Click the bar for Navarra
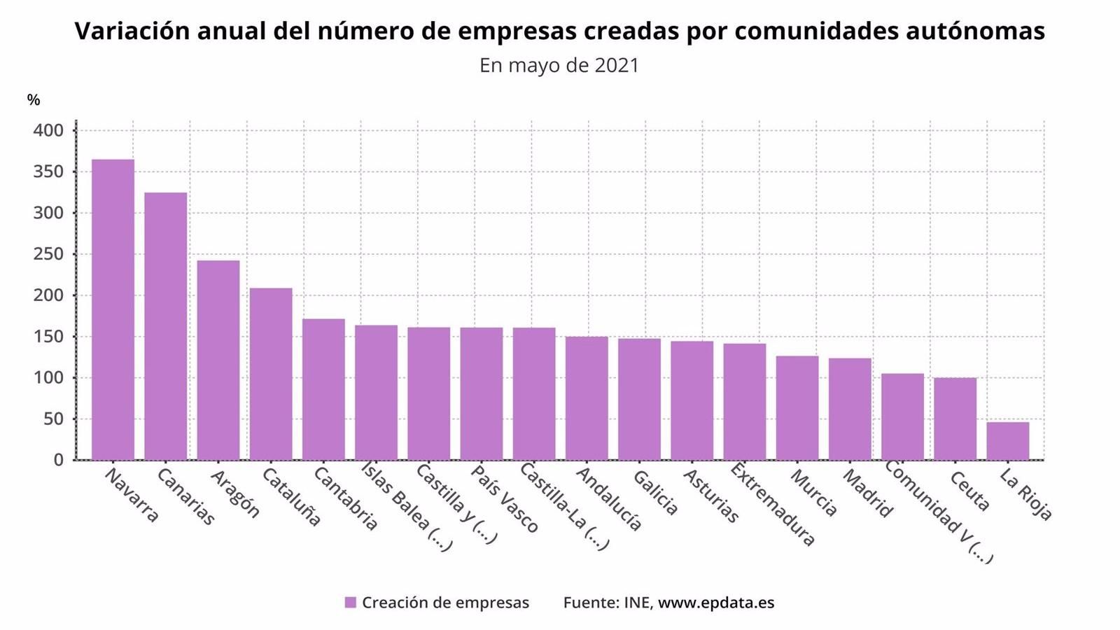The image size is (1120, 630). (x=113, y=309)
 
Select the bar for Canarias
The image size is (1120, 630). (x=165, y=326)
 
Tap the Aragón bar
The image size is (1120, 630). (x=218, y=360)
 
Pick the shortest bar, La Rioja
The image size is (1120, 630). (x=1007, y=441)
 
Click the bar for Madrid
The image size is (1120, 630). (x=850, y=409)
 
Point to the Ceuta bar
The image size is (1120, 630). (x=955, y=419)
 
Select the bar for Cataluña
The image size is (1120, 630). (x=270, y=374)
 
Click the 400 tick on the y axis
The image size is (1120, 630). (x=48, y=131)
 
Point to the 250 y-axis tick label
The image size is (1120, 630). (x=48, y=254)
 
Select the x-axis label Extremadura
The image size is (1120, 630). (x=772, y=504)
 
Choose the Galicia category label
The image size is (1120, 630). (x=655, y=493)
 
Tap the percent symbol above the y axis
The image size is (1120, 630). (x=34, y=100)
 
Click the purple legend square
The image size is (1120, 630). (x=351, y=603)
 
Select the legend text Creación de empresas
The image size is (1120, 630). (x=445, y=603)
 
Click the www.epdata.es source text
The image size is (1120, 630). (x=715, y=603)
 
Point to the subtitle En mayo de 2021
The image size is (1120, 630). (x=559, y=65)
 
